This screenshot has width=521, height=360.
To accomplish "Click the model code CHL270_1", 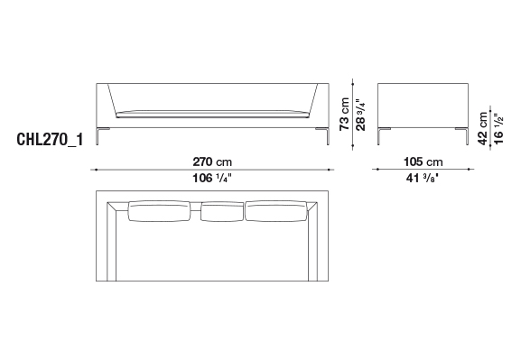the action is (50, 140).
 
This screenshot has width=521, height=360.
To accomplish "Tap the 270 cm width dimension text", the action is (212, 162).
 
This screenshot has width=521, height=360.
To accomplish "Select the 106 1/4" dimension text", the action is (211, 179).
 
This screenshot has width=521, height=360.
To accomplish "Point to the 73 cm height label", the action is (345, 114).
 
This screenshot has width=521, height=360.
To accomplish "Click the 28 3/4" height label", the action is (360, 115).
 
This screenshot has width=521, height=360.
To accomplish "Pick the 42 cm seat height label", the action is (482, 128).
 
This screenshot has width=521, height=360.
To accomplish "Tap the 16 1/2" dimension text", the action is (498, 128).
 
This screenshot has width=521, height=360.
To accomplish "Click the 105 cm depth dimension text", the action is (423, 162).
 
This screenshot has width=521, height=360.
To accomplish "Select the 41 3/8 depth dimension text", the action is (423, 179).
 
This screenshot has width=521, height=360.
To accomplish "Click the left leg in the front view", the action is (98, 136).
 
